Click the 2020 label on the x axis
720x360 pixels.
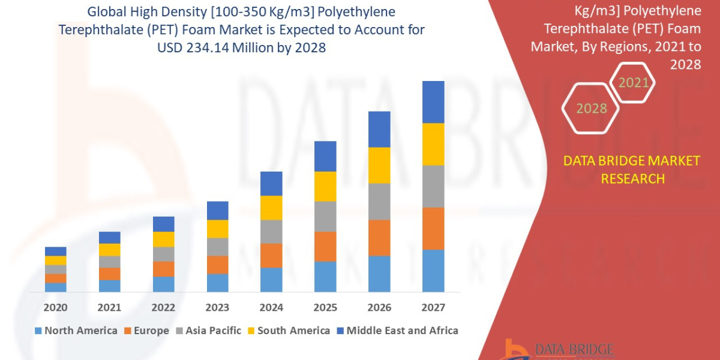[55, 308]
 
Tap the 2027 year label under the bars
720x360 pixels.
[433, 308]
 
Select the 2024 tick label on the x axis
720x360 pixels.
[271, 308]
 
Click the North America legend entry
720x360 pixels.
[76, 331]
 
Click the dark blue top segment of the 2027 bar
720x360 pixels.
[433, 102]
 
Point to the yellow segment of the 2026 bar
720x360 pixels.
[379, 165]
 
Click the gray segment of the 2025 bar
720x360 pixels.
[325, 216]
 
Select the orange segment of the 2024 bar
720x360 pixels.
[271, 256]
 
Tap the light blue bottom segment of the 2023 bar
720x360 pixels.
[217, 283]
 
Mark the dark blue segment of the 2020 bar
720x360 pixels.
[55, 251]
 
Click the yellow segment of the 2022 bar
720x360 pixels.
[163, 239]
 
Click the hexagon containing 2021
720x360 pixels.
[634, 83]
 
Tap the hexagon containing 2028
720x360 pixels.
[591, 109]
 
